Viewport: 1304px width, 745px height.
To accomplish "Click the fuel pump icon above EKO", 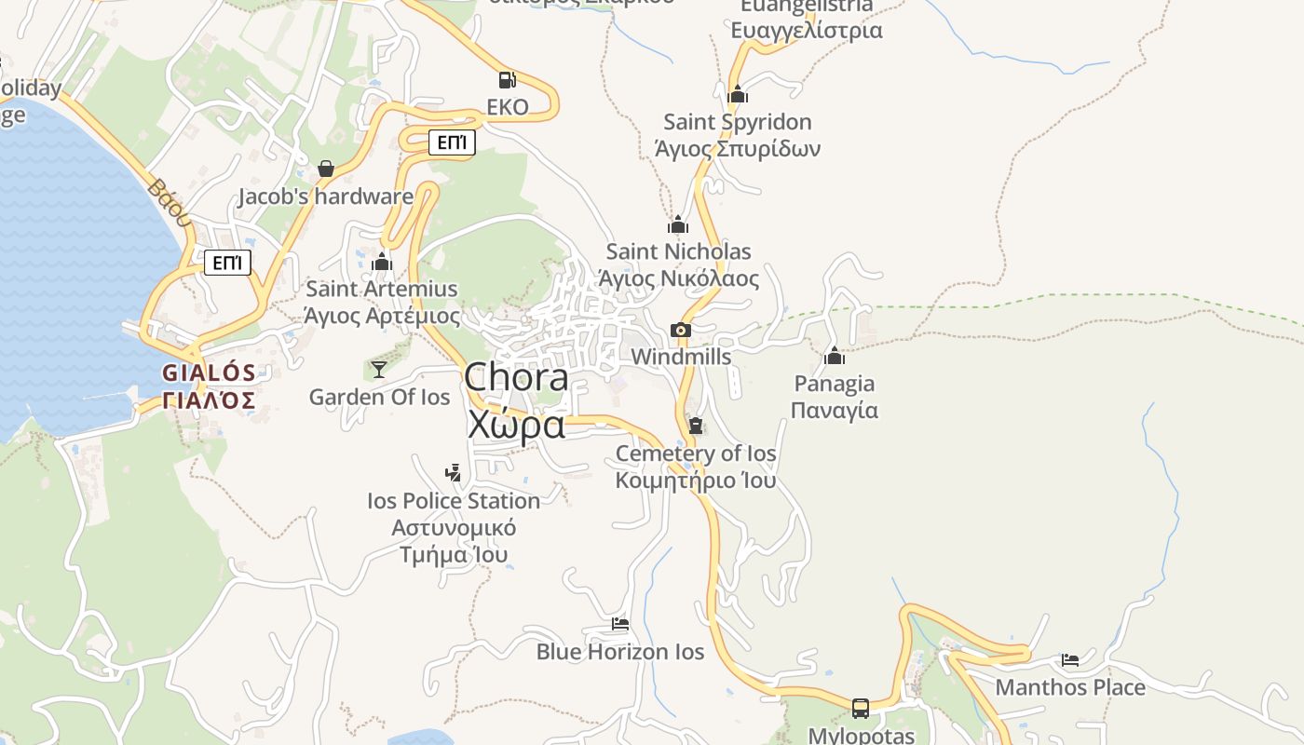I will pos(507,80).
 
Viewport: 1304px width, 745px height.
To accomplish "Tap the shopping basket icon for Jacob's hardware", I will pos(326,169).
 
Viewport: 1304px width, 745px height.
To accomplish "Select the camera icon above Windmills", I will pos(681,330).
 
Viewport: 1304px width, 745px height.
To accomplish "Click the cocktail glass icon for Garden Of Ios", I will pos(379,370).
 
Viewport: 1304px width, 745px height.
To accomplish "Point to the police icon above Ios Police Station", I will pos(453,473).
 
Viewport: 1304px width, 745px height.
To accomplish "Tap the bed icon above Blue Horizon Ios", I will pos(620,624).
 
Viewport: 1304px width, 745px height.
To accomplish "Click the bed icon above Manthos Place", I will pos(1070,660).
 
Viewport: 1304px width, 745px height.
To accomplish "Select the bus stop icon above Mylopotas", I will pos(861,709).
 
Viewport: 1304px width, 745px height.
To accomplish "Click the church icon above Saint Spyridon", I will pos(738,94).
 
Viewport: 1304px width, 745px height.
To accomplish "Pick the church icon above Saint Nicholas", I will pos(678,224).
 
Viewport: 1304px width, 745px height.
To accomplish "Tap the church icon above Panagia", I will pos(835,356).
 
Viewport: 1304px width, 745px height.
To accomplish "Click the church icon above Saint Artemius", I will pos(382,262).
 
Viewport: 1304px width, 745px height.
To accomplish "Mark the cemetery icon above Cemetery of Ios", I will pos(695,426).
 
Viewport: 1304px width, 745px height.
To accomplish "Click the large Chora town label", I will pos(516,400).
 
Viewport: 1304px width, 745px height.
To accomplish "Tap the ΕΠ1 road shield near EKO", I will pos(452,142).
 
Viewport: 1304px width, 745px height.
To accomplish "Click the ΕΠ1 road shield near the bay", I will pos(228,263).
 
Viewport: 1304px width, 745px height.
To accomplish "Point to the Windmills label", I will pos(681,357).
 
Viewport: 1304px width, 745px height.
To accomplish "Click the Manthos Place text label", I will pos(1070,687).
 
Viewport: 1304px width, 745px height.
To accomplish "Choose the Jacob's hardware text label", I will pos(326,196).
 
